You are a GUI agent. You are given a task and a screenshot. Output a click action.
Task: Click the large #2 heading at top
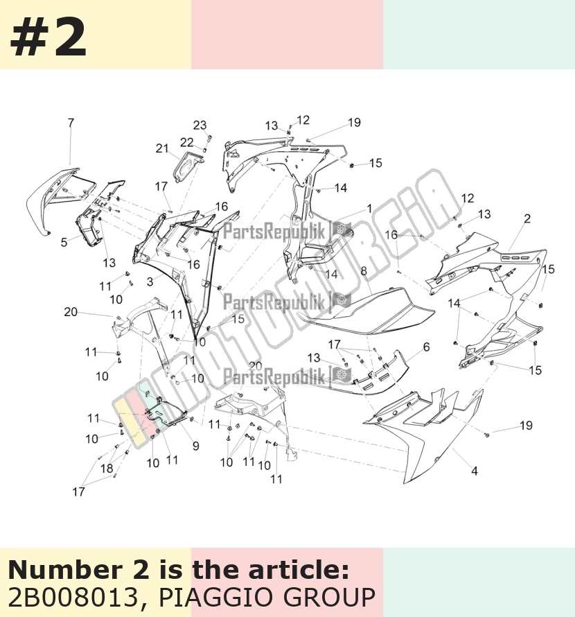click(x=48, y=37)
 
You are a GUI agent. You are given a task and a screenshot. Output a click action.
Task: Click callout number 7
click(x=71, y=123)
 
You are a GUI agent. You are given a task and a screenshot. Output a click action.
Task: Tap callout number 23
click(x=200, y=125)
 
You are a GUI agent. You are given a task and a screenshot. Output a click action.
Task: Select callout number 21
click(x=162, y=148)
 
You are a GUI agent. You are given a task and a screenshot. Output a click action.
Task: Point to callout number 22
click(x=187, y=142)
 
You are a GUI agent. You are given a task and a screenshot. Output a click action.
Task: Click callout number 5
click(x=64, y=242)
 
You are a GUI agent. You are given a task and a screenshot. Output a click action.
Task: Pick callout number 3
click(x=150, y=281)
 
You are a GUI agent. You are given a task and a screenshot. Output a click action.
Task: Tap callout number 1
click(x=369, y=209)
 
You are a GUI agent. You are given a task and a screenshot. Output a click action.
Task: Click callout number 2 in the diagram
click(x=527, y=218)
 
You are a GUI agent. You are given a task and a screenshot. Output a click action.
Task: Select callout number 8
click(x=364, y=271)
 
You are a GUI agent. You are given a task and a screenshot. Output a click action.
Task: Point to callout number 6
click(x=426, y=347)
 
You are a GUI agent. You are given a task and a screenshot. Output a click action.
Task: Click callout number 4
click(x=475, y=471)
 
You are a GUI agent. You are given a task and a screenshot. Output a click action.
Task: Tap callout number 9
click(x=196, y=446)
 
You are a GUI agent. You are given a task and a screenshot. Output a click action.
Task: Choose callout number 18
click(x=107, y=468)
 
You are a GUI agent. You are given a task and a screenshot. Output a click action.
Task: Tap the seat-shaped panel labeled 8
click(x=366, y=311)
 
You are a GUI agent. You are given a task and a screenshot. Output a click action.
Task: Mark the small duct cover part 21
click(x=188, y=167)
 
